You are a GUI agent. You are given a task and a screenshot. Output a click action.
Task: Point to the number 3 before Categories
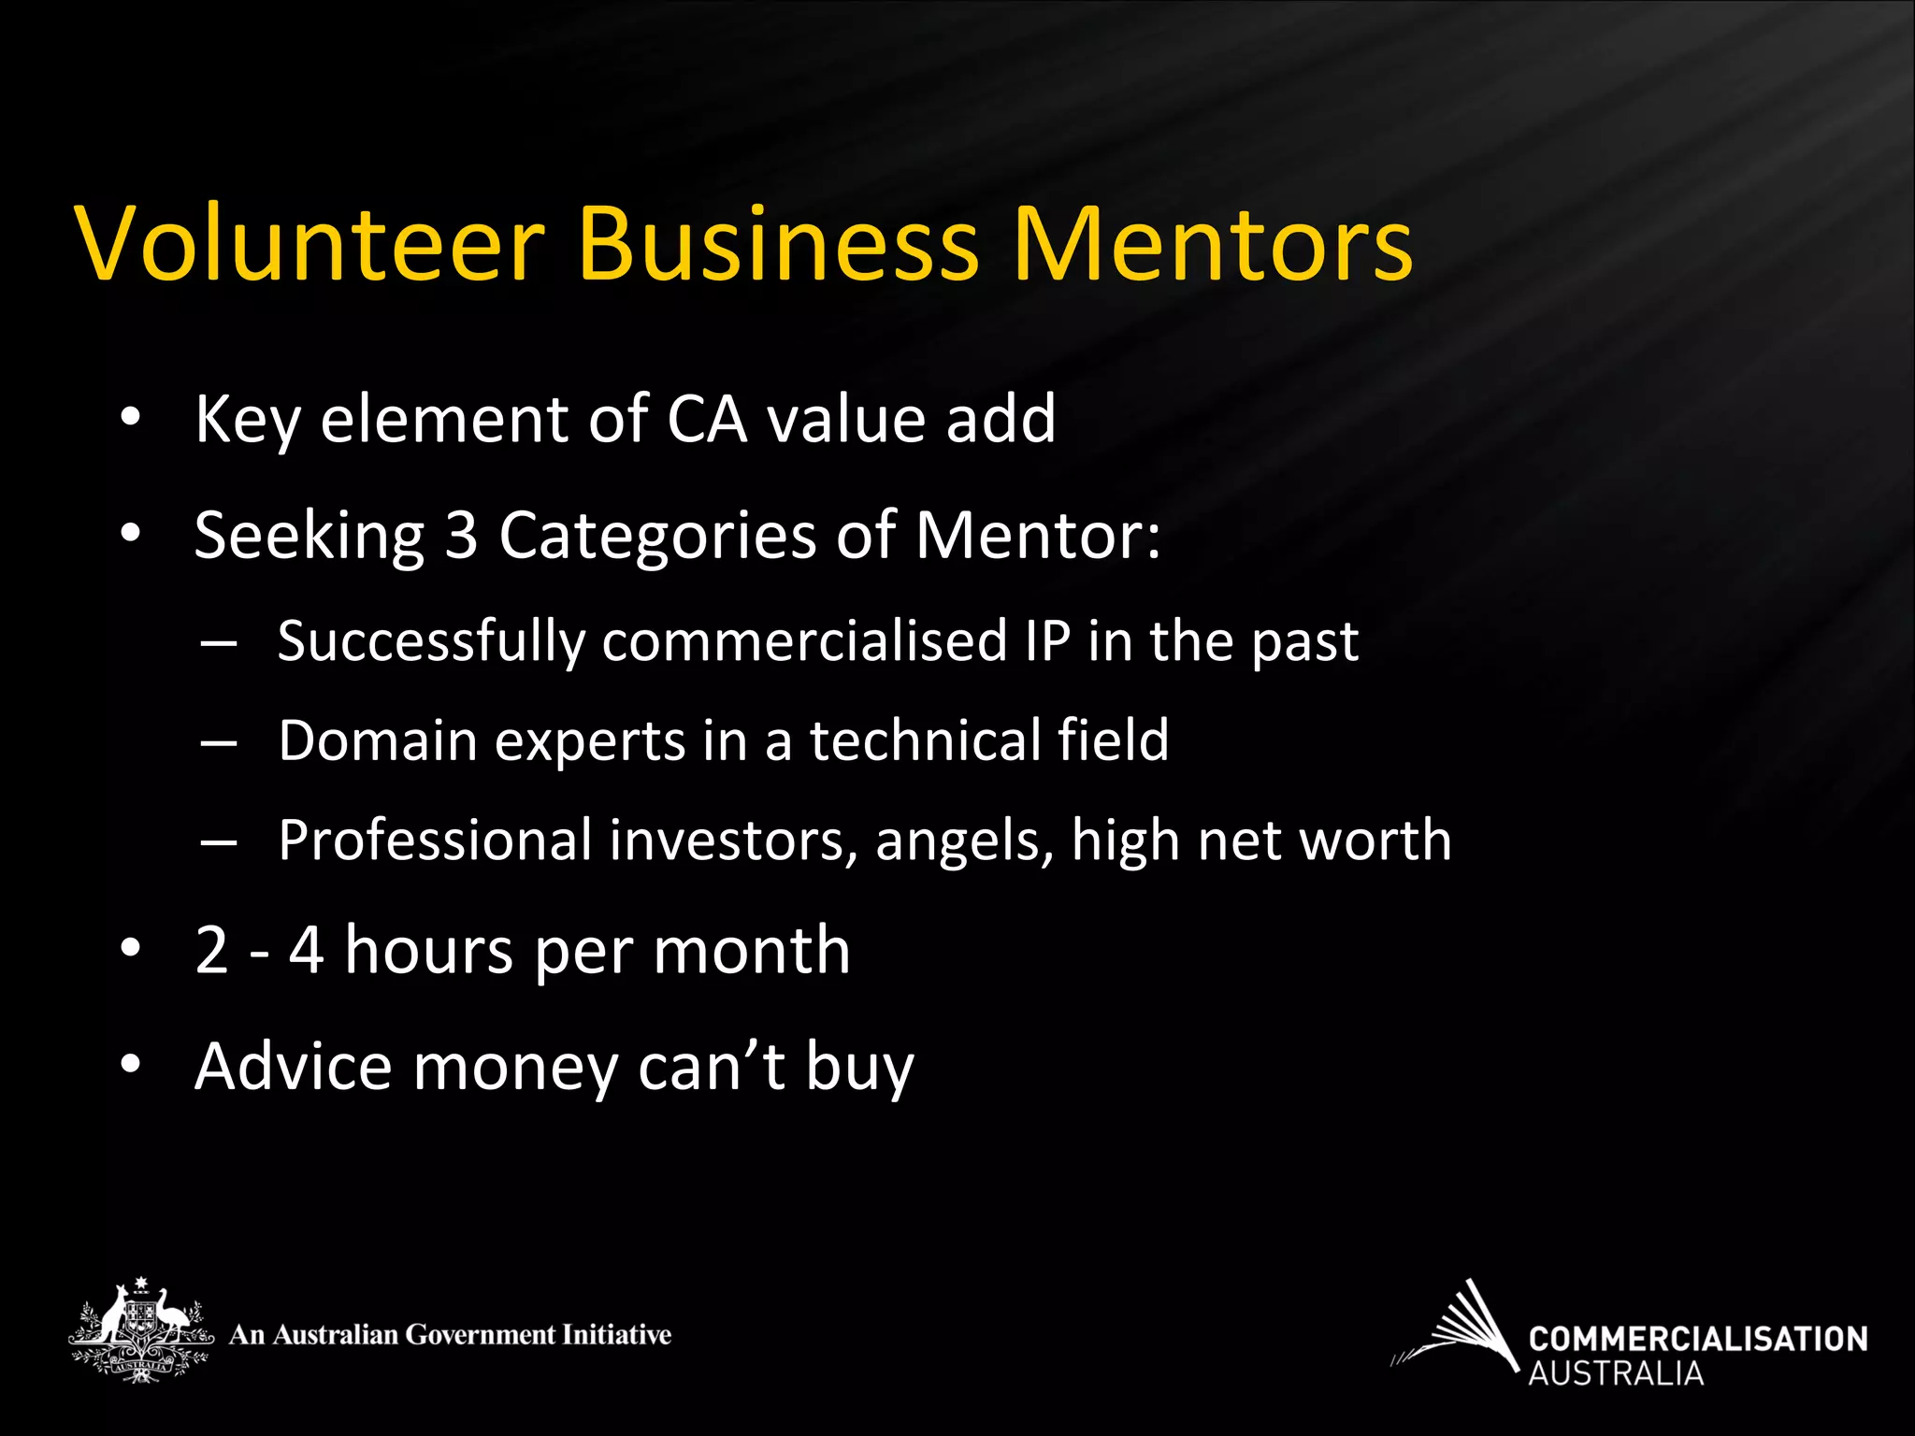tap(461, 536)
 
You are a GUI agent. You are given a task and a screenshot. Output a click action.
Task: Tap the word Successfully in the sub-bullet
tap(431, 642)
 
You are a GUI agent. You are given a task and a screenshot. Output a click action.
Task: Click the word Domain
tap(378, 740)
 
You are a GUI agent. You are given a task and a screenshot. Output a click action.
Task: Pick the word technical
tap(925, 740)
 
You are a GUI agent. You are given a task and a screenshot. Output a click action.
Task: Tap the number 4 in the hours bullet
tap(307, 950)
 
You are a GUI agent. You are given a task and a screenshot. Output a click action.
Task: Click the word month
tap(752, 950)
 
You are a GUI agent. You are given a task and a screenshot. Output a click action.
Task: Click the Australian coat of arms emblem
tap(140, 1329)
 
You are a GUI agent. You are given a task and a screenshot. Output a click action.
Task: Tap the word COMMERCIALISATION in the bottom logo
tap(1697, 1339)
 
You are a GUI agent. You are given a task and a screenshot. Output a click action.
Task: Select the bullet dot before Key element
tap(130, 418)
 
